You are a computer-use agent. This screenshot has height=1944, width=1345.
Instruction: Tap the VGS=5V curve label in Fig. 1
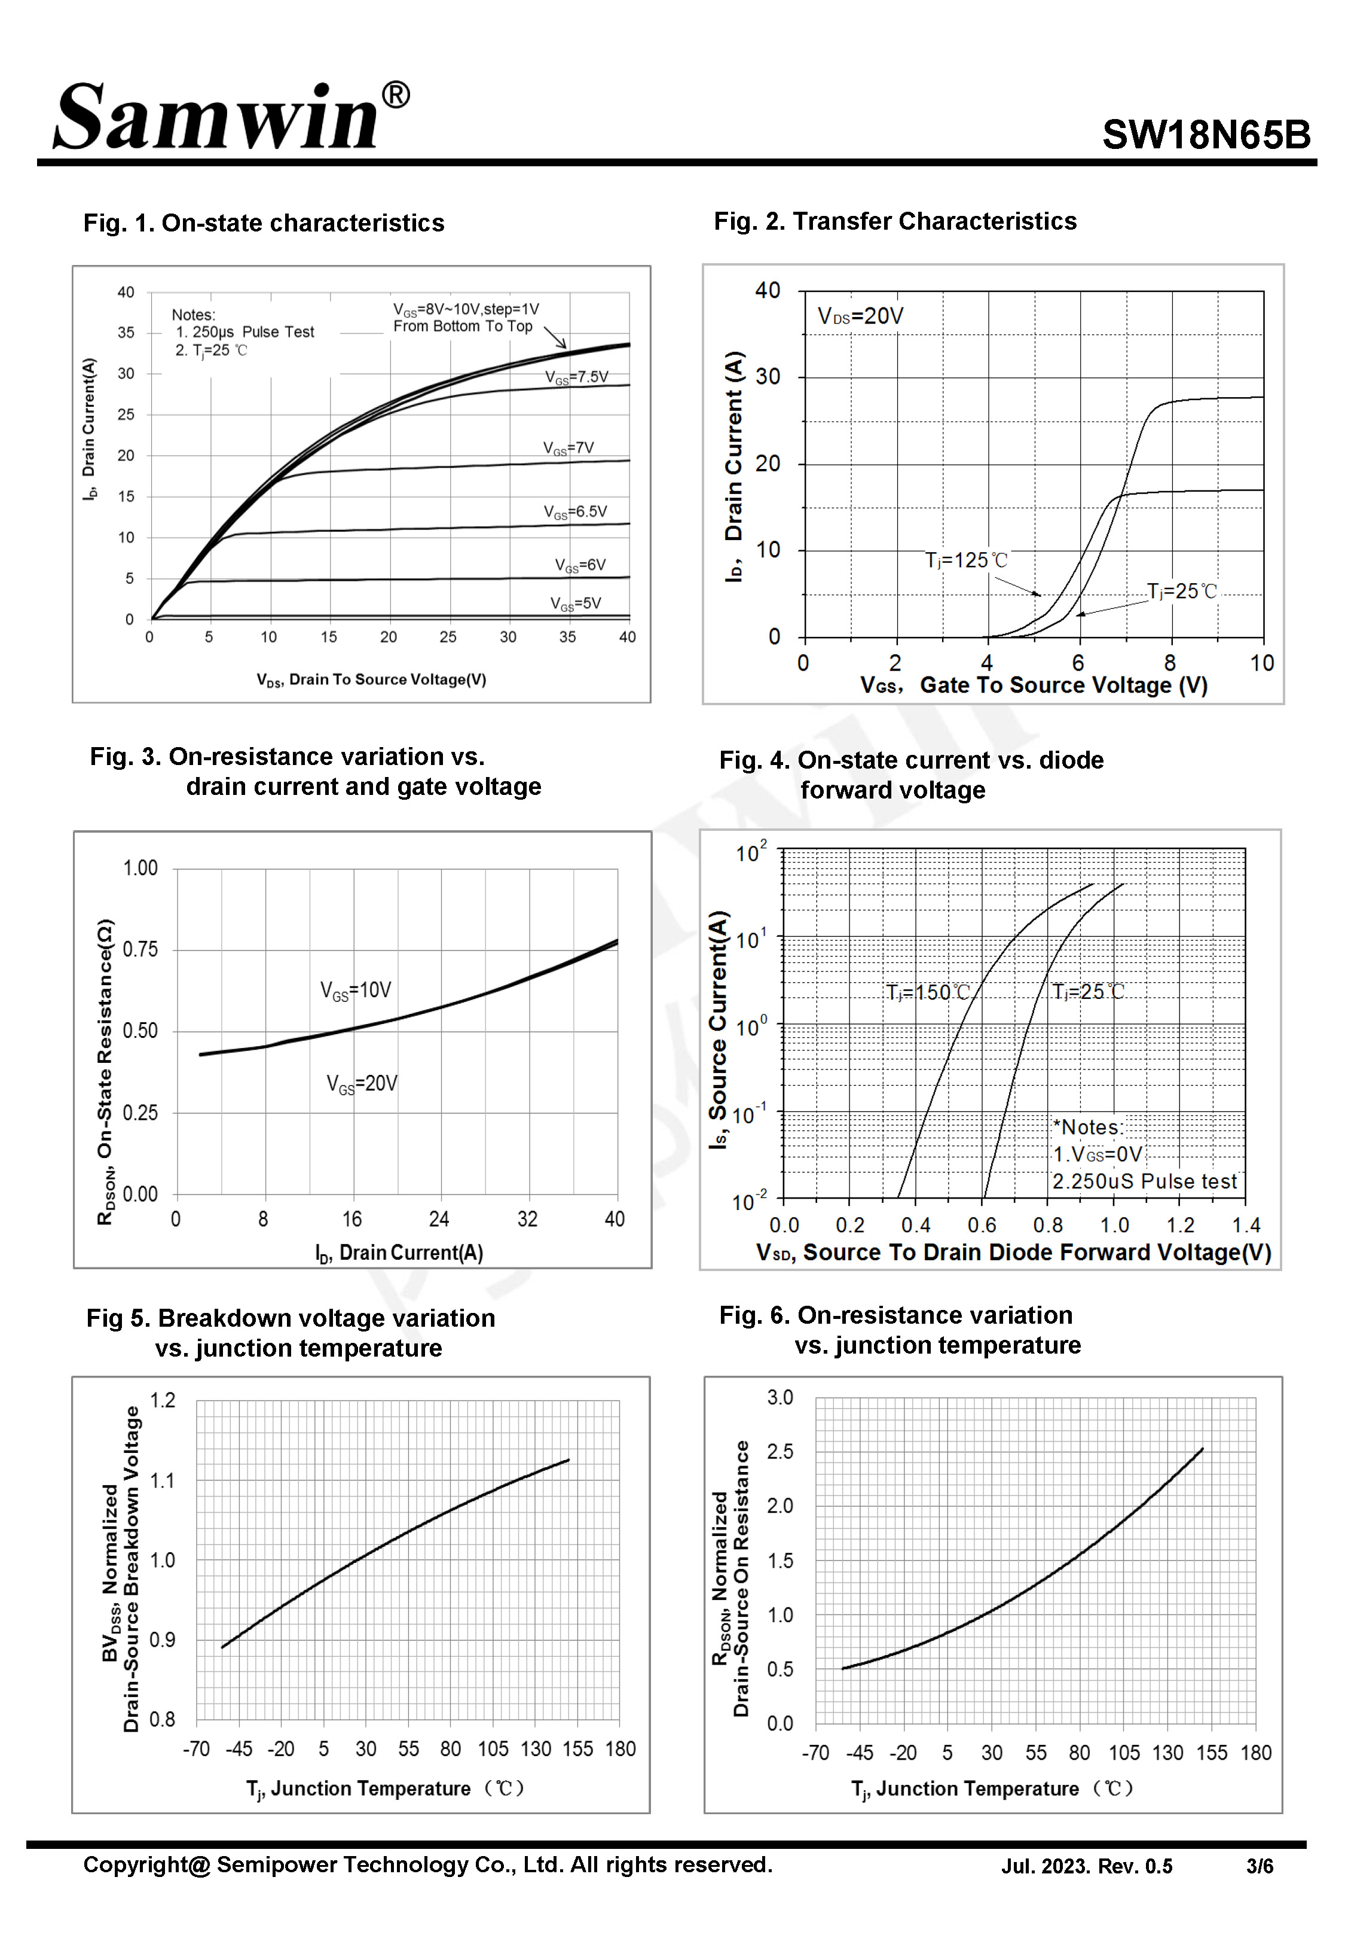576,604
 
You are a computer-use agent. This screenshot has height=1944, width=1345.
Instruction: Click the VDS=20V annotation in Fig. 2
860,316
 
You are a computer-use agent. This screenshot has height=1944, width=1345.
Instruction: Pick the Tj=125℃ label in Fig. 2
966,560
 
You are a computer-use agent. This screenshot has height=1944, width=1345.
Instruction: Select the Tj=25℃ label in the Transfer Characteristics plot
1182,592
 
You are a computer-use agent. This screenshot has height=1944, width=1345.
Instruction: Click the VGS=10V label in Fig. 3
356,990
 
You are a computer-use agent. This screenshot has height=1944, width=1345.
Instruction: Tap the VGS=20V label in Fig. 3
362,1083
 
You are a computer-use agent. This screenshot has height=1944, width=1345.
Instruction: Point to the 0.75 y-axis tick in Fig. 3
140,949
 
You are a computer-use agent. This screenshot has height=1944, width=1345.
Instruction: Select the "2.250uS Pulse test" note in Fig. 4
1144,1181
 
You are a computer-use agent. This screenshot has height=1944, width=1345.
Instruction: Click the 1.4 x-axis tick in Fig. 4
1246,1225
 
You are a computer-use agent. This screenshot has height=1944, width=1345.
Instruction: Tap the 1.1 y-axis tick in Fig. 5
163,1480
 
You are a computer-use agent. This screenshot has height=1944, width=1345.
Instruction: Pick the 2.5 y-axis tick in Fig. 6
780,1451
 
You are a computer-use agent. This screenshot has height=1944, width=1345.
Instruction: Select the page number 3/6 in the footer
1259,1866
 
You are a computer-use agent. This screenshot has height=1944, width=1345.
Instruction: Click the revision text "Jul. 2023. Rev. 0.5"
1086,1866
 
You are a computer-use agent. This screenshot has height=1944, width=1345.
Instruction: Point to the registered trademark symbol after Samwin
396,95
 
